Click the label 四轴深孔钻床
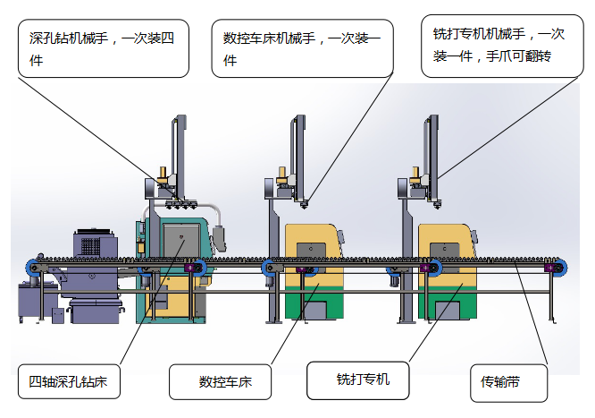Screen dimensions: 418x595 (70, 382)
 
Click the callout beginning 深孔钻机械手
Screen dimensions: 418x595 (104, 49)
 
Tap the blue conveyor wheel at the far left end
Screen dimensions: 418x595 (32, 267)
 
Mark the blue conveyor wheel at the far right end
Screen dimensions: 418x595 (558, 267)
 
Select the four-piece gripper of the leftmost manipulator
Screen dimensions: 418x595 (180, 203)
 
